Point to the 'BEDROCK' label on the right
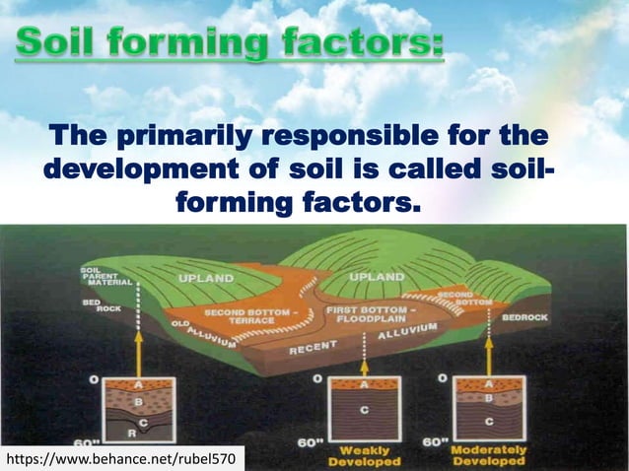click(531, 317)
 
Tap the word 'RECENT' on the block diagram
click(314, 348)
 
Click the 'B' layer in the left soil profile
click(137, 401)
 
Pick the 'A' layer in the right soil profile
click(490, 385)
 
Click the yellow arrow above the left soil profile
click(138, 350)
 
